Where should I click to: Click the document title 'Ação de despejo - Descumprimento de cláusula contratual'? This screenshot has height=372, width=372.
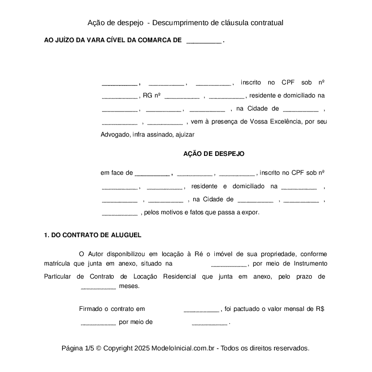click(186, 22)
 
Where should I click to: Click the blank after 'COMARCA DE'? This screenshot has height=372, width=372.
click(204, 40)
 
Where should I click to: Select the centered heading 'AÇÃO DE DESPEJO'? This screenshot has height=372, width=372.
click(214, 154)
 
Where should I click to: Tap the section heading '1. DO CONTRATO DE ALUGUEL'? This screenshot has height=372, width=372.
click(93, 235)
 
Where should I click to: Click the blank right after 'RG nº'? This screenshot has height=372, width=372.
click(182, 96)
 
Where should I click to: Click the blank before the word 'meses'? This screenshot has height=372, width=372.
click(98, 287)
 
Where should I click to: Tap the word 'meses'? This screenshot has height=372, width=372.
click(129, 287)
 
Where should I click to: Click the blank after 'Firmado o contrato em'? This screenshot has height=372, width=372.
click(201, 309)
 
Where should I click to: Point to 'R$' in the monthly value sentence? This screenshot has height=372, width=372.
click(320, 309)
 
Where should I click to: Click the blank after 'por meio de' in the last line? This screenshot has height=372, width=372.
click(209, 322)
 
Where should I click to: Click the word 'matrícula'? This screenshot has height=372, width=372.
click(57, 264)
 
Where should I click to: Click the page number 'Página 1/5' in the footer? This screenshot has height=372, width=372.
click(77, 348)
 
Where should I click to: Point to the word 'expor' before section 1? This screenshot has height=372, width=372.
click(251, 213)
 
